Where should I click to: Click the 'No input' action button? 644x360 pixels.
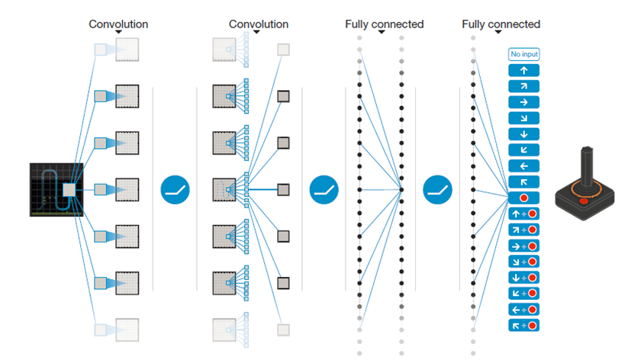pyautogui.click(x=523, y=54)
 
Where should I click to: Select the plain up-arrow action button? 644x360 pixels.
pyautogui.click(x=523, y=70)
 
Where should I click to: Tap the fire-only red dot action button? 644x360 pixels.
pyautogui.click(x=523, y=198)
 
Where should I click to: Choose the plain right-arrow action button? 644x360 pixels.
pyautogui.click(x=523, y=102)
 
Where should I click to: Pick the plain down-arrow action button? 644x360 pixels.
pyautogui.click(x=523, y=134)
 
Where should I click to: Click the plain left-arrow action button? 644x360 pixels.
pyautogui.click(x=523, y=166)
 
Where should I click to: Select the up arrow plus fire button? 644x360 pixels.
pyautogui.click(x=523, y=214)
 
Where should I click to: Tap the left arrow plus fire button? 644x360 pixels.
pyautogui.click(x=523, y=310)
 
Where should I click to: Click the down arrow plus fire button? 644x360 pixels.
pyautogui.click(x=523, y=278)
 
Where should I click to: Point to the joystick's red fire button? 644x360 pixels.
pyautogui.click(x=584, y=201)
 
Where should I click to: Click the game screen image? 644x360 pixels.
pyautogui.click(x=56, y=190)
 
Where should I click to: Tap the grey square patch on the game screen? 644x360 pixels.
pyautogui.click(x=69, y=190)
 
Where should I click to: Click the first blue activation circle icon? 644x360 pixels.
pyautogui.click(x=175, y=190)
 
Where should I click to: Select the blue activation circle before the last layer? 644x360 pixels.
pyautogui.click(x=437, y=190)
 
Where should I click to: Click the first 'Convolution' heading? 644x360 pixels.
pyautogui.click(x=118, y=24)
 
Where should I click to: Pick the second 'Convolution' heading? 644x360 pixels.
pyautogui.click(x=259, y=24)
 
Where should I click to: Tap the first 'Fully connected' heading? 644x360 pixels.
pyautogui.click(x=384, y=24)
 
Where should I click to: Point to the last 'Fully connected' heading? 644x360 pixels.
pyautogui.click(x=501, y=24)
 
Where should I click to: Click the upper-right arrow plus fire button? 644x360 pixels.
pyautogui.click(x=523, y=230)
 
